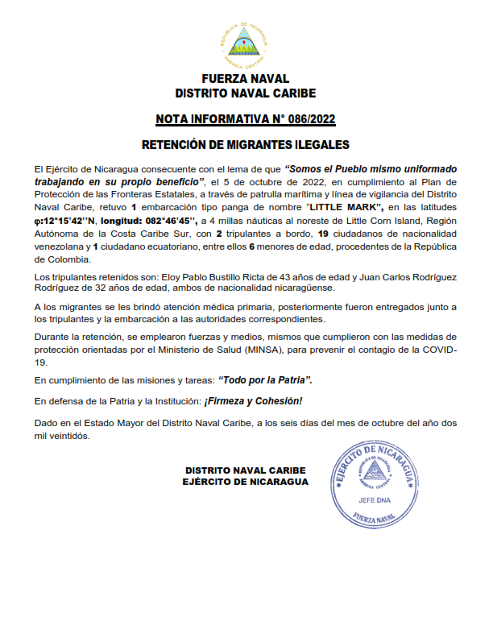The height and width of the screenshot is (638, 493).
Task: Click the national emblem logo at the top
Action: point(246,45)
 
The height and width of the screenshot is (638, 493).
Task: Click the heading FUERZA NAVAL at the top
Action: point(246,81)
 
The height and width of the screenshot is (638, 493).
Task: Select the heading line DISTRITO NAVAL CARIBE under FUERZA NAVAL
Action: point(246,93)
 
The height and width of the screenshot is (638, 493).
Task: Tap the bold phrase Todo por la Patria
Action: point(263,379)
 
